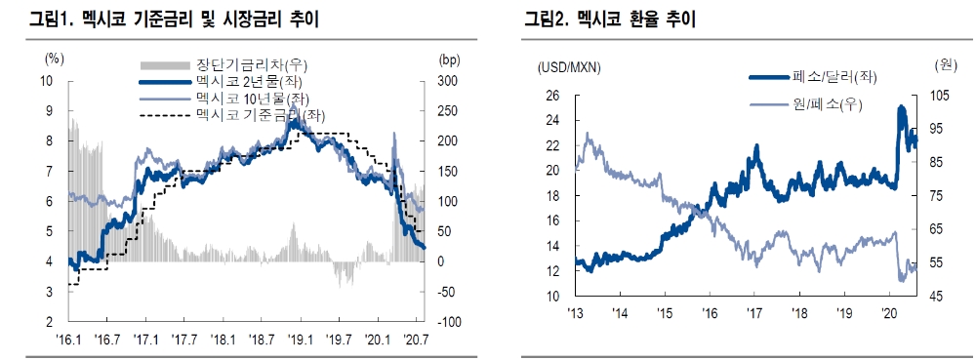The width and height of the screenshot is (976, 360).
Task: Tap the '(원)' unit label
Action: click(944, 66)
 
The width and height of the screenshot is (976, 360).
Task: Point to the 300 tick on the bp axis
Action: click(447, 80)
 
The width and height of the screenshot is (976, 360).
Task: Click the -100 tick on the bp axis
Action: click(444, 322)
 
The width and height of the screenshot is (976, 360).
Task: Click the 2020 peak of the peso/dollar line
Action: click(900, 106)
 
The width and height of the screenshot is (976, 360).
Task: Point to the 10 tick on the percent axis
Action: click(48, 80)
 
